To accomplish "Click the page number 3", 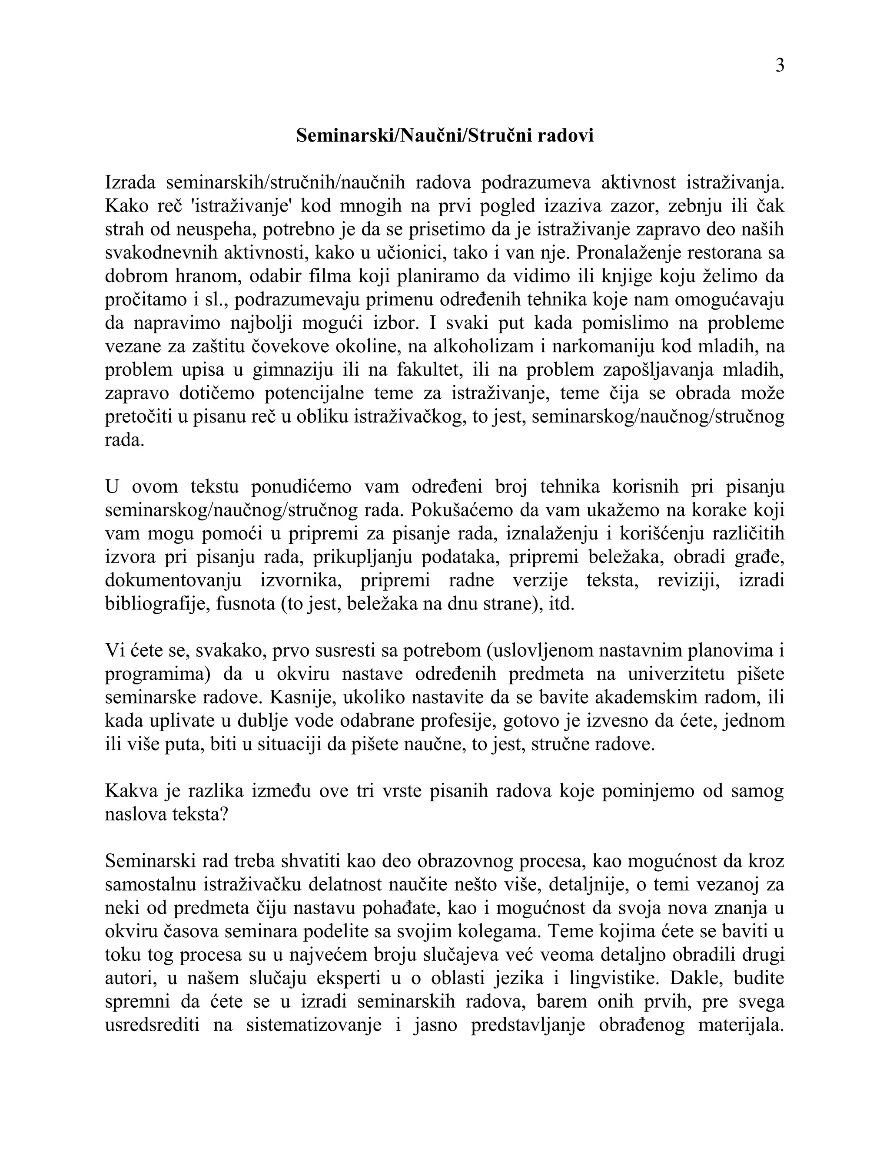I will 780,66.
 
